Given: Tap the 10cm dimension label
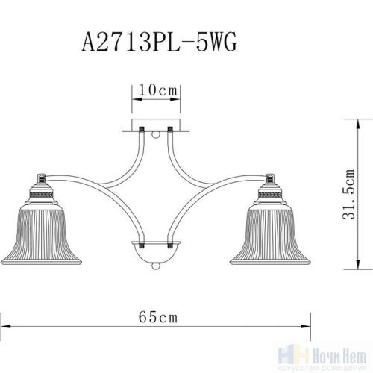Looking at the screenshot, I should coord(157,90).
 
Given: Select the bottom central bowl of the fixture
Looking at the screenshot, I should coord(157,252).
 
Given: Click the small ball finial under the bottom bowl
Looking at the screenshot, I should coord(157,266).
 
